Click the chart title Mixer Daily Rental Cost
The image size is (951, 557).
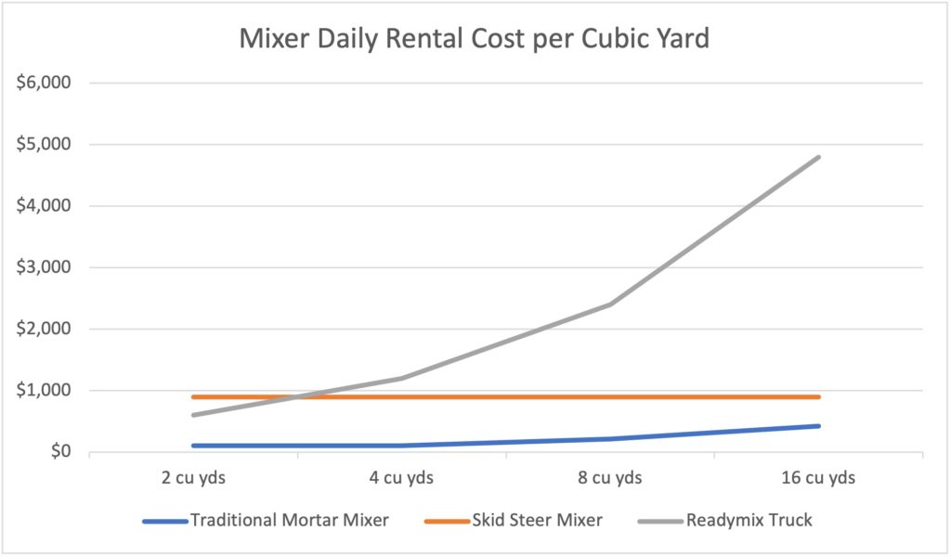(475, 39)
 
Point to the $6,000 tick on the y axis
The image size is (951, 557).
(44, 83)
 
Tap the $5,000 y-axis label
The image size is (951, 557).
(44, 144)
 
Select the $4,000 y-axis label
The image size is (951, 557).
(44, 205)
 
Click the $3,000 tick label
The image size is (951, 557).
(44, 267)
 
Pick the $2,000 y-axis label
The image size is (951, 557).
(44, 329)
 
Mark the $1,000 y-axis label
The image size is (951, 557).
(44, 391)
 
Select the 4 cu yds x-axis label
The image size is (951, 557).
(400, 479)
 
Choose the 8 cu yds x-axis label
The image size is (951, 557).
(609, 479)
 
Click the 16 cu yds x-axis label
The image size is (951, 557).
(818, 479)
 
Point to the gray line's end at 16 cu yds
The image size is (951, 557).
(818, 157)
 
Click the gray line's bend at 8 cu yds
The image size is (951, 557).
(610, 304)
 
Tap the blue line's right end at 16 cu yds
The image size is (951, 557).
(818, 426)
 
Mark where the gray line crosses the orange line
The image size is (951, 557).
(296, 396)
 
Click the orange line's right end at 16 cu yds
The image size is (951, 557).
(818, 396)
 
